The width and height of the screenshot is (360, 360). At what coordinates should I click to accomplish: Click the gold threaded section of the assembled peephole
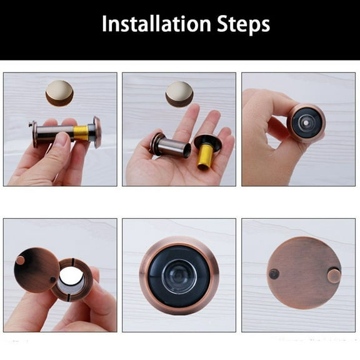pos(81,132)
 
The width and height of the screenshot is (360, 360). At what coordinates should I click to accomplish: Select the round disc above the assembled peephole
pos(60,92)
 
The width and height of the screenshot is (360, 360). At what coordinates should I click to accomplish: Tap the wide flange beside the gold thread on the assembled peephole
pos(97,132)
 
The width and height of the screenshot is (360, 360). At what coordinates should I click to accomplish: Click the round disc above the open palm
pos(179,93)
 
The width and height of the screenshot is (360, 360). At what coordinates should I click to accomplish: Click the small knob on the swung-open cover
pos(21,260)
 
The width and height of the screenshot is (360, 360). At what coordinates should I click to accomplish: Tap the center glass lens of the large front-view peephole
pos(179,276)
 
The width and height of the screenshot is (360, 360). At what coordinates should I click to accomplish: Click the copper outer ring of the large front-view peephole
pos(146,276)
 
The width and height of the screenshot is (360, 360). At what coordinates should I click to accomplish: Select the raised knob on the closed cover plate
pos(334,276)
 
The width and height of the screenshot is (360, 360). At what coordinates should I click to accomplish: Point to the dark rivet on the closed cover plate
pos(274,273)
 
